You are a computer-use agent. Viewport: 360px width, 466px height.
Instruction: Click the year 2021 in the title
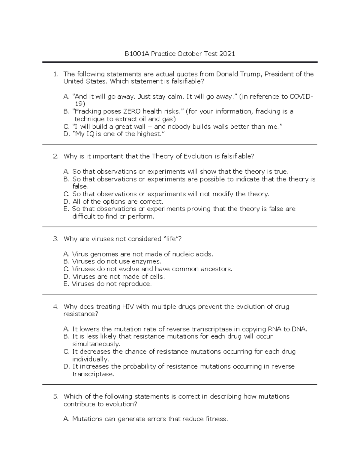click(227, 54)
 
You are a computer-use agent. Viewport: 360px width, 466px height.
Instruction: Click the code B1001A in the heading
click(137, 54)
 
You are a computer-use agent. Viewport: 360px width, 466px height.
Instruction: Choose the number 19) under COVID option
click(80, 104)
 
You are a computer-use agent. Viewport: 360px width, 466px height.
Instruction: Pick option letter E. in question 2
click(66, 209)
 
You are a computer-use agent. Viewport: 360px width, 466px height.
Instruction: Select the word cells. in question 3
click(157, 277)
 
